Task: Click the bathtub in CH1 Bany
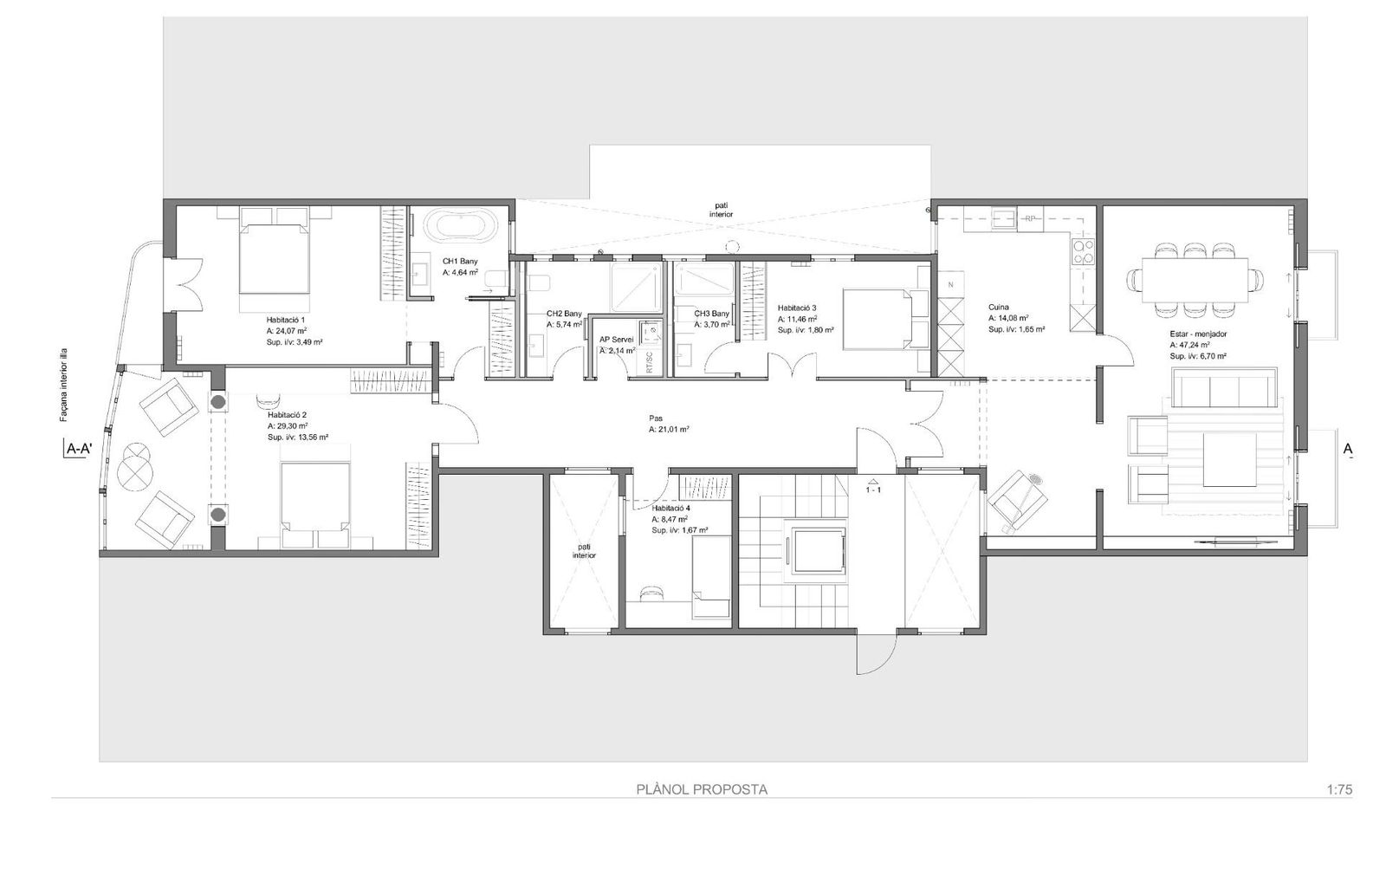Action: (461, 228)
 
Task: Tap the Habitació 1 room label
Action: (286, 320)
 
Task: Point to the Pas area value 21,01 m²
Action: (668, 429)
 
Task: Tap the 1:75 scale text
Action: (1338, 789)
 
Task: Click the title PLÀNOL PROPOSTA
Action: (702, 789)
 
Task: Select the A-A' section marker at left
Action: (79, 449)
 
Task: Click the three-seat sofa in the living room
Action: (1224, 387)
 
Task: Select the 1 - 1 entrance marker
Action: (872, 490)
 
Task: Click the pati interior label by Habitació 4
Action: (584, 551)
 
